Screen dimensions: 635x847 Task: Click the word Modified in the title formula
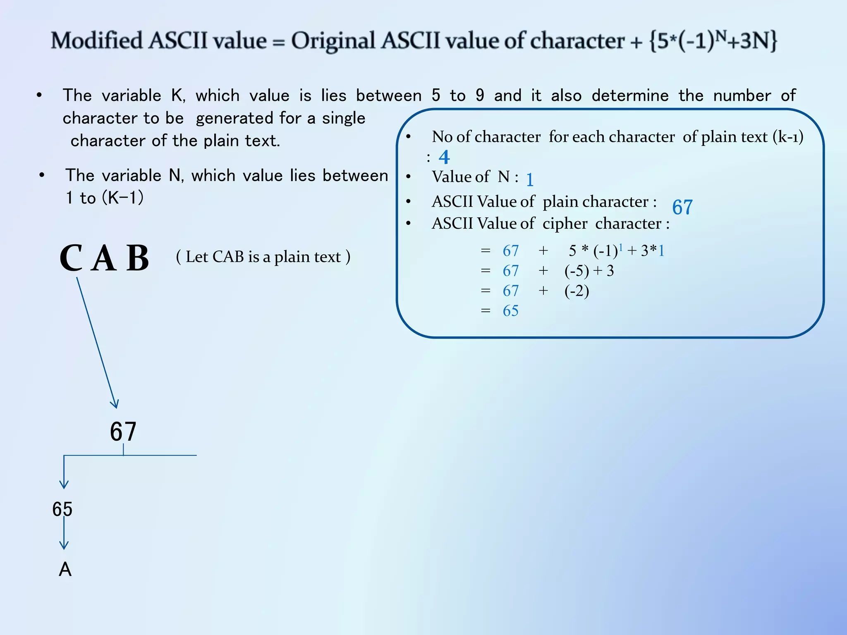[96, 41]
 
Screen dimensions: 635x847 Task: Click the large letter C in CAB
[71, 258]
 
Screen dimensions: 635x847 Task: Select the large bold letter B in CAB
[138, 258]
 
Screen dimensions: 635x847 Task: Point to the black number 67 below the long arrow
[123, 432]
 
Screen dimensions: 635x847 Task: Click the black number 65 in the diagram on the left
[62, 509]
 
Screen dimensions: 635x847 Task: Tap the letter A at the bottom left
[65, 570]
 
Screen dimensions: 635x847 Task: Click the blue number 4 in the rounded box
[444, 157]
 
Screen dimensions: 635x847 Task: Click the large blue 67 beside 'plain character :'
[682, 207]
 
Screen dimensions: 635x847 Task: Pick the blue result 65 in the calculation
[510, 311]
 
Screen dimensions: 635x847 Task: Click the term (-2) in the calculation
[577, 291]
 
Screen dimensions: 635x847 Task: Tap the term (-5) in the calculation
[577, 271]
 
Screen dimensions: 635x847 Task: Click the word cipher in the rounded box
[565, 224]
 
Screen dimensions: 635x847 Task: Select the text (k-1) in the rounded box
[788, 137]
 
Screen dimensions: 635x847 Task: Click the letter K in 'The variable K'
[177, 95]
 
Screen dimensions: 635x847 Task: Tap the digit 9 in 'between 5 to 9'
[480, 95]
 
